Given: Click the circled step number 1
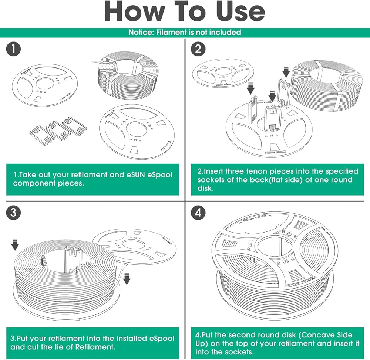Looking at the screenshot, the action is (x=13, y=49).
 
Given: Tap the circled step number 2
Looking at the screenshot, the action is (x=198, y=49).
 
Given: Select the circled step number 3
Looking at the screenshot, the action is (x=13, y=212).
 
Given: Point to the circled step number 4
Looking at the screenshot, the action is (x=198, y=212).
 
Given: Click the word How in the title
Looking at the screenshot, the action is (x=135, y=11).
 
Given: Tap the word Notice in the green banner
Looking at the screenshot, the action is (x=141, y=32).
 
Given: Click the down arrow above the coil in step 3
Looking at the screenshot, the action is (x=15, y=245).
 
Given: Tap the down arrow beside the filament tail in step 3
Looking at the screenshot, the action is (x=127, y=279).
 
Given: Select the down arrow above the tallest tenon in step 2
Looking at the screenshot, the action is (x=286, y=72).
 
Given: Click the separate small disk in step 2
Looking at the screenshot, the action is (x=223, y=73).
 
